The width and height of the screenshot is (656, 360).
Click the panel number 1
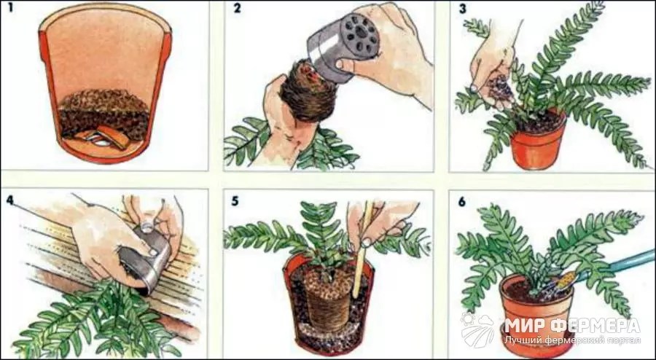point(10,8)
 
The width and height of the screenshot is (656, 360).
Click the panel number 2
point(237,8)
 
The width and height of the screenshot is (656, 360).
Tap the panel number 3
point(462,9)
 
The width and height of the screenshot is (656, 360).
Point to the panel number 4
point(10,200)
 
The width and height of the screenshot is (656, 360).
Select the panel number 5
point(235,201)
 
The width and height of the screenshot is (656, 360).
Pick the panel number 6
point(461,202)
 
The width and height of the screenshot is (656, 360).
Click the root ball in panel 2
point(308,92)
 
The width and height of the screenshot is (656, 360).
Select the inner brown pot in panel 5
point(326,300)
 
